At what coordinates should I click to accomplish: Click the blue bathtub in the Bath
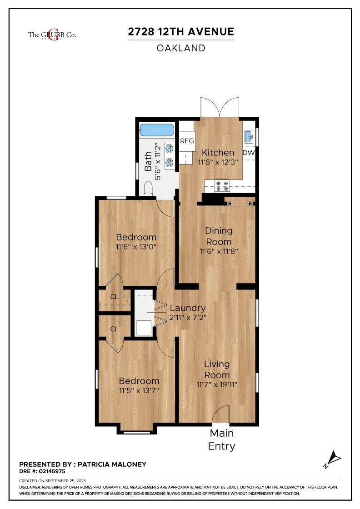point(156,130)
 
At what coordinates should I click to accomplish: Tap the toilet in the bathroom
point(148,189)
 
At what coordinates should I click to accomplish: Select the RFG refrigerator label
point(187,141)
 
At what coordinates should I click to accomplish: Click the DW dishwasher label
point(249,152)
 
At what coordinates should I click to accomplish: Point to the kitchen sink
point(249,136)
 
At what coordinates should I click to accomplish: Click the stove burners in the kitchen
point(222,186)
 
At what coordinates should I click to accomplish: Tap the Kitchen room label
point(218,152)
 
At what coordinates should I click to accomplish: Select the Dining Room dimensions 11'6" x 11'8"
point(219,251)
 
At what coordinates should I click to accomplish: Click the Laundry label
point(188,308)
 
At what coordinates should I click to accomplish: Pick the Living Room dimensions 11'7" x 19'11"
point(217,384)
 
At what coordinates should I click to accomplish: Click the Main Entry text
point(222,439)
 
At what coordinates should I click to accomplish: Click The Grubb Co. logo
point(52,35)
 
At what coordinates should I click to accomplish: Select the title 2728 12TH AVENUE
point(181,31)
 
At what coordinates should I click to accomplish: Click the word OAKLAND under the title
point(181,48)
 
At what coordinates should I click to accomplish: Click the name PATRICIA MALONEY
point(112,464)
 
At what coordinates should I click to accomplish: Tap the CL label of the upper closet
point(114,297)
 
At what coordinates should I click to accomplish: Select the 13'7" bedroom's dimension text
point(139,390)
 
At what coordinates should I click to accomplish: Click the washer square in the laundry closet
point(144,328)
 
